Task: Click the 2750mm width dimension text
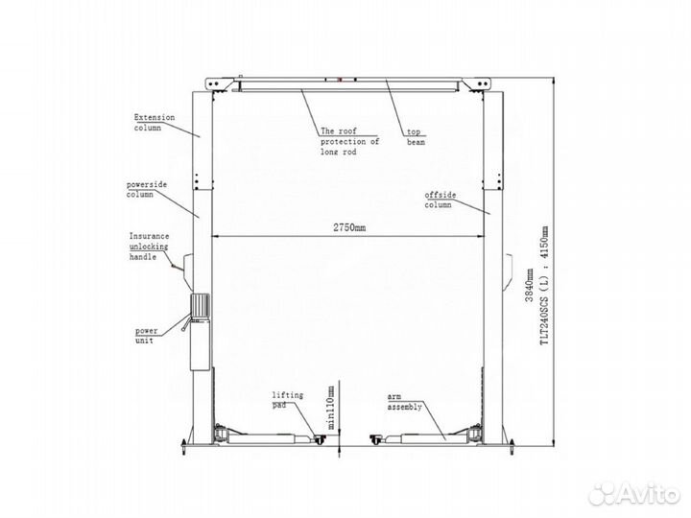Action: [x=349, y=227]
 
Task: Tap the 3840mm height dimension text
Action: [x=529, y=285]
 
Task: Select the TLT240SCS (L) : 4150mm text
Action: [x=545, y=286]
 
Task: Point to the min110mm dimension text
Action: [x=331, y=408]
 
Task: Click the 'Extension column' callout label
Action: [x=155, y=123]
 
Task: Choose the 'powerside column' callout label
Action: [x=147, y=189]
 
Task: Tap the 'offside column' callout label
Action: [x=441, y=200]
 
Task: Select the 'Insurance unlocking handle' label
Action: [x=149, y=247]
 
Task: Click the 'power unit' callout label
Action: [x=146, y=335]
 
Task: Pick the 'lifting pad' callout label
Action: [x=287, y=400]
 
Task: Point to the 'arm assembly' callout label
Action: [x=405, y=401]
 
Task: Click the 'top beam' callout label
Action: [x=416, y=136]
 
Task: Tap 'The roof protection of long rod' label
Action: [x=349, y=141]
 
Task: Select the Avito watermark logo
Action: [x=634, y=494]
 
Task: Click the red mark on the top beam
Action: [x=340, y=80]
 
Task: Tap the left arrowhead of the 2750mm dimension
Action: [x=215, y=237]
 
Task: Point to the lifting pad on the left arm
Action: [x=319, y=439]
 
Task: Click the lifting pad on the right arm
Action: [x=376, y=439]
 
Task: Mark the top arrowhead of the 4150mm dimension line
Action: [x=554, y=81]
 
